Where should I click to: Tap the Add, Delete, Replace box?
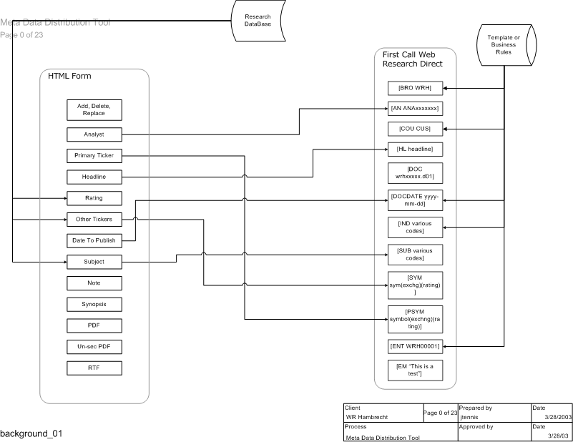pos(94,109)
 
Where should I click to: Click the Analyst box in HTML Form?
pos(94,134)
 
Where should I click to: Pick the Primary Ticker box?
pos(94,155)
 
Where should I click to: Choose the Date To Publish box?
pos(94,240)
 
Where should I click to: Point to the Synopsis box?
pos(94,304)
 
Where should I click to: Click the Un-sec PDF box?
pos(94,347)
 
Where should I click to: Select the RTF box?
pos(94,368)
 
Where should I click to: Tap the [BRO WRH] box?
pos(415,89)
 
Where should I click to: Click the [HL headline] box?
pos(415,149)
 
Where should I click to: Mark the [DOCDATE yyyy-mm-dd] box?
pos(415,198)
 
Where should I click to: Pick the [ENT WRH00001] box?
pos(415,348)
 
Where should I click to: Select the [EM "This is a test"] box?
pos(415,370)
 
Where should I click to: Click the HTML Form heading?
pos(69,77)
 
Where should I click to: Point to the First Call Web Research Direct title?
pos(413,59)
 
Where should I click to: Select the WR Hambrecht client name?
pos(370,417)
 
